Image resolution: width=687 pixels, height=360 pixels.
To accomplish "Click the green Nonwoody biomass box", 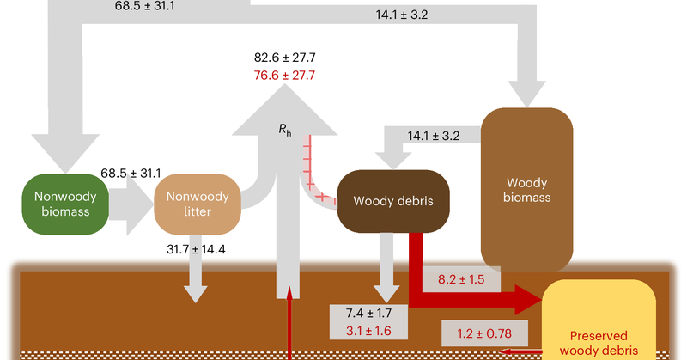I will point(65,202).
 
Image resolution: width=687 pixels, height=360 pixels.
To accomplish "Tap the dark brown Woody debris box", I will point(392,202).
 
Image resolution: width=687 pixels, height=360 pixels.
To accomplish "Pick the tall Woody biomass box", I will point(526,190).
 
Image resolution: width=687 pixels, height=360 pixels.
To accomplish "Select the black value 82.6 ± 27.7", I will point(285,58).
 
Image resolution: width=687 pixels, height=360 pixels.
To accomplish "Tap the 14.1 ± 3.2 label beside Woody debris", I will point(435,134).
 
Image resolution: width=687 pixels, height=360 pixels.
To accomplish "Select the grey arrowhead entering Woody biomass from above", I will point(526,90).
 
